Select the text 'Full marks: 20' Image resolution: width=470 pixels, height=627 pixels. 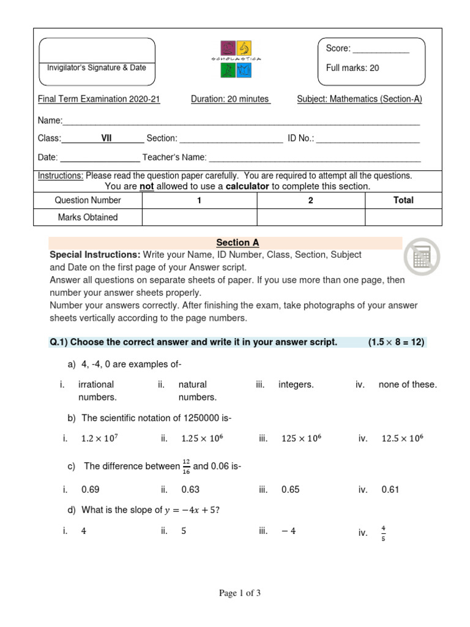coord(352,68)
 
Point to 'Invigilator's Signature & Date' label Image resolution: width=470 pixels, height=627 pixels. coord(97,68)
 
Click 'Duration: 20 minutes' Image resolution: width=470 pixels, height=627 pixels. coord(230,99)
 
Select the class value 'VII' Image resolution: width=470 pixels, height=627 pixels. coord(106,139)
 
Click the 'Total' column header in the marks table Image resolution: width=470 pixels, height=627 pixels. coord(403,200)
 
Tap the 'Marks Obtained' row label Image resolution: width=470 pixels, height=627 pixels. coord(88,217)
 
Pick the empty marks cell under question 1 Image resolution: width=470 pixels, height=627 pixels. coord(200,217)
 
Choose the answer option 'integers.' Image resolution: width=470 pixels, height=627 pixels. coord(296,385)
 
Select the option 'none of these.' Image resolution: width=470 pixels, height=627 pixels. coord(408,385)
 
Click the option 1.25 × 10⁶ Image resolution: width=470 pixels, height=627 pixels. coord(202,438)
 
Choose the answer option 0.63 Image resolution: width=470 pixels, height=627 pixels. coord(190,489)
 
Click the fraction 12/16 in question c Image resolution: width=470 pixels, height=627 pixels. coord(186,467)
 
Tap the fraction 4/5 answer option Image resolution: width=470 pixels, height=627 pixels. coord(384,533)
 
